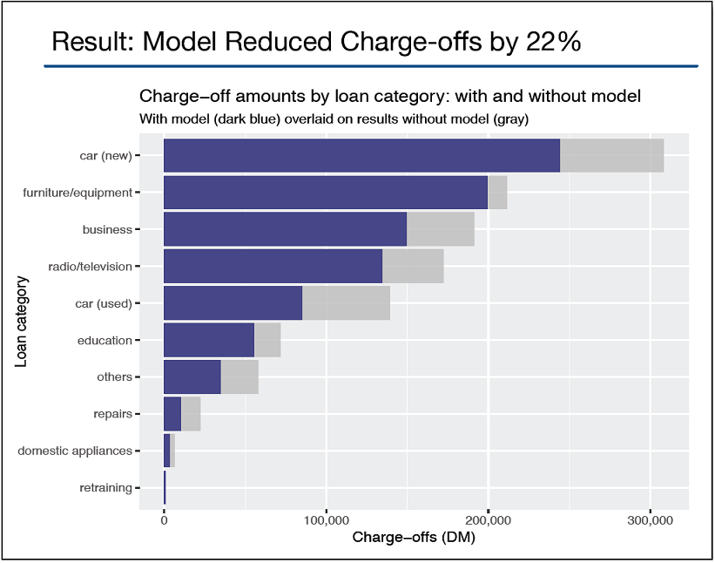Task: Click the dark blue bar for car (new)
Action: coord(361,155)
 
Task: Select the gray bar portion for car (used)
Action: coord(346,302)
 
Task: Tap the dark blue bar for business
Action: coord(285,229)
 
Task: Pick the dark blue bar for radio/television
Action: coord(273,266)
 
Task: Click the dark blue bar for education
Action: coord(209,340)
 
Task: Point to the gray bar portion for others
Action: coord(239,376)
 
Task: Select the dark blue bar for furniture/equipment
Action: coord(325,192)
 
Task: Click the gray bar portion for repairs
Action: coord(191,413)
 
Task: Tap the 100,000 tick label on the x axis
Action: coord(326,520)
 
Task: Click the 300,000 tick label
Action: coord(650,520)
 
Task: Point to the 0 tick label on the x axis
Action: coord(164,520)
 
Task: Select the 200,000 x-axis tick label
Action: coord(488,520)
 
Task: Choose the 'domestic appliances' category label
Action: coord(75,451)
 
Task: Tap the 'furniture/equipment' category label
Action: coord(78,193)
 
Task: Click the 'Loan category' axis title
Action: coord(22,322)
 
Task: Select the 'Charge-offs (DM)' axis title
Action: coord(414,538)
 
